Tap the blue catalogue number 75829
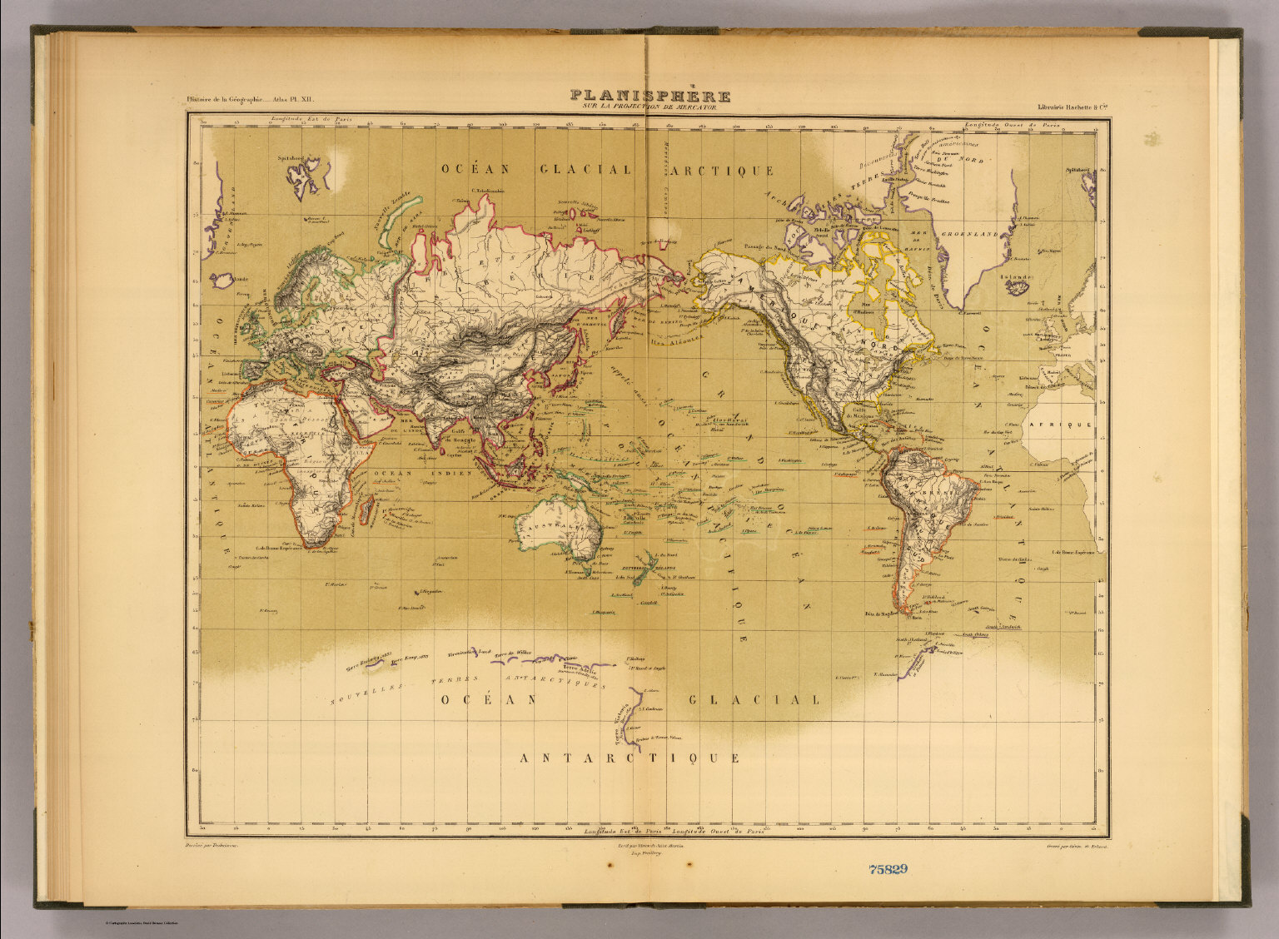[x=888, y=869]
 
